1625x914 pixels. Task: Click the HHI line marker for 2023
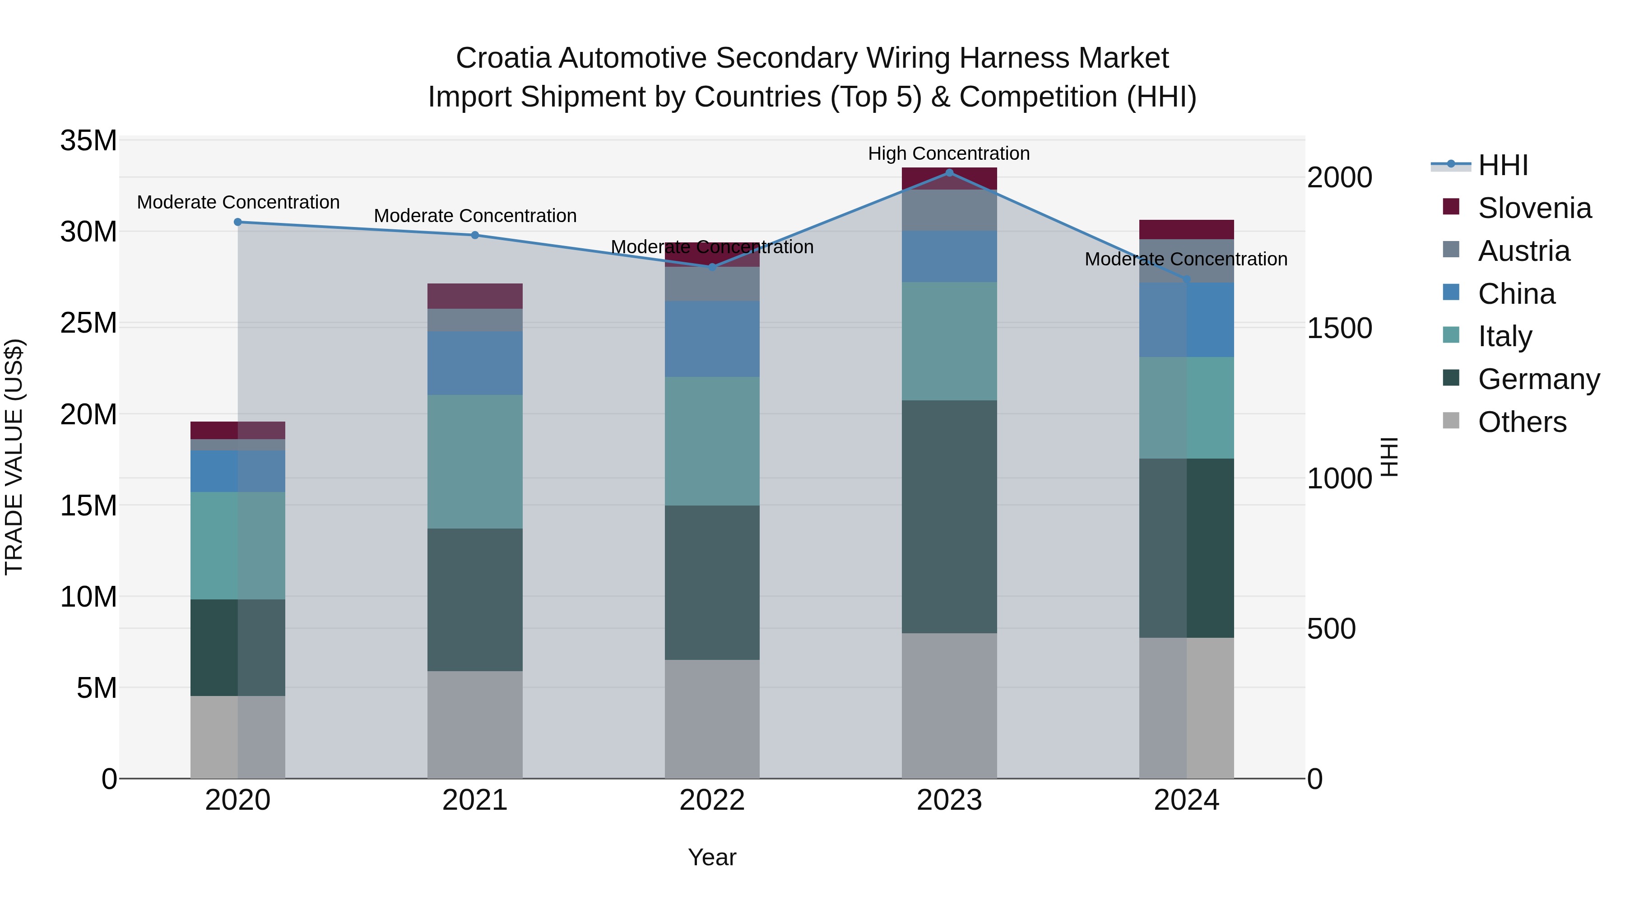point(949,172)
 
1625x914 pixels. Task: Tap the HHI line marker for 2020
point(238,222)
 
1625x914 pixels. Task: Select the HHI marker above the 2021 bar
point(475,235)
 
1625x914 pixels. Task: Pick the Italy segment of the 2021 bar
point(475,461)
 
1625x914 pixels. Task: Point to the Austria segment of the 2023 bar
point(949,210)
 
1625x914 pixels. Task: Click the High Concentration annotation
point(949,153)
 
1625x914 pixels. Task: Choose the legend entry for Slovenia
point(1534,208)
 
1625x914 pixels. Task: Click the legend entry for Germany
point(1539,379)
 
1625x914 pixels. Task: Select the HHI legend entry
point(1503,165)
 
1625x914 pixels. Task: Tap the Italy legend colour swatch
point(1451,335)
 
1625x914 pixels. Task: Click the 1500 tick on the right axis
point(1339,328)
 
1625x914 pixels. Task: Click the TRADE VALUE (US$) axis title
point(14,457)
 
